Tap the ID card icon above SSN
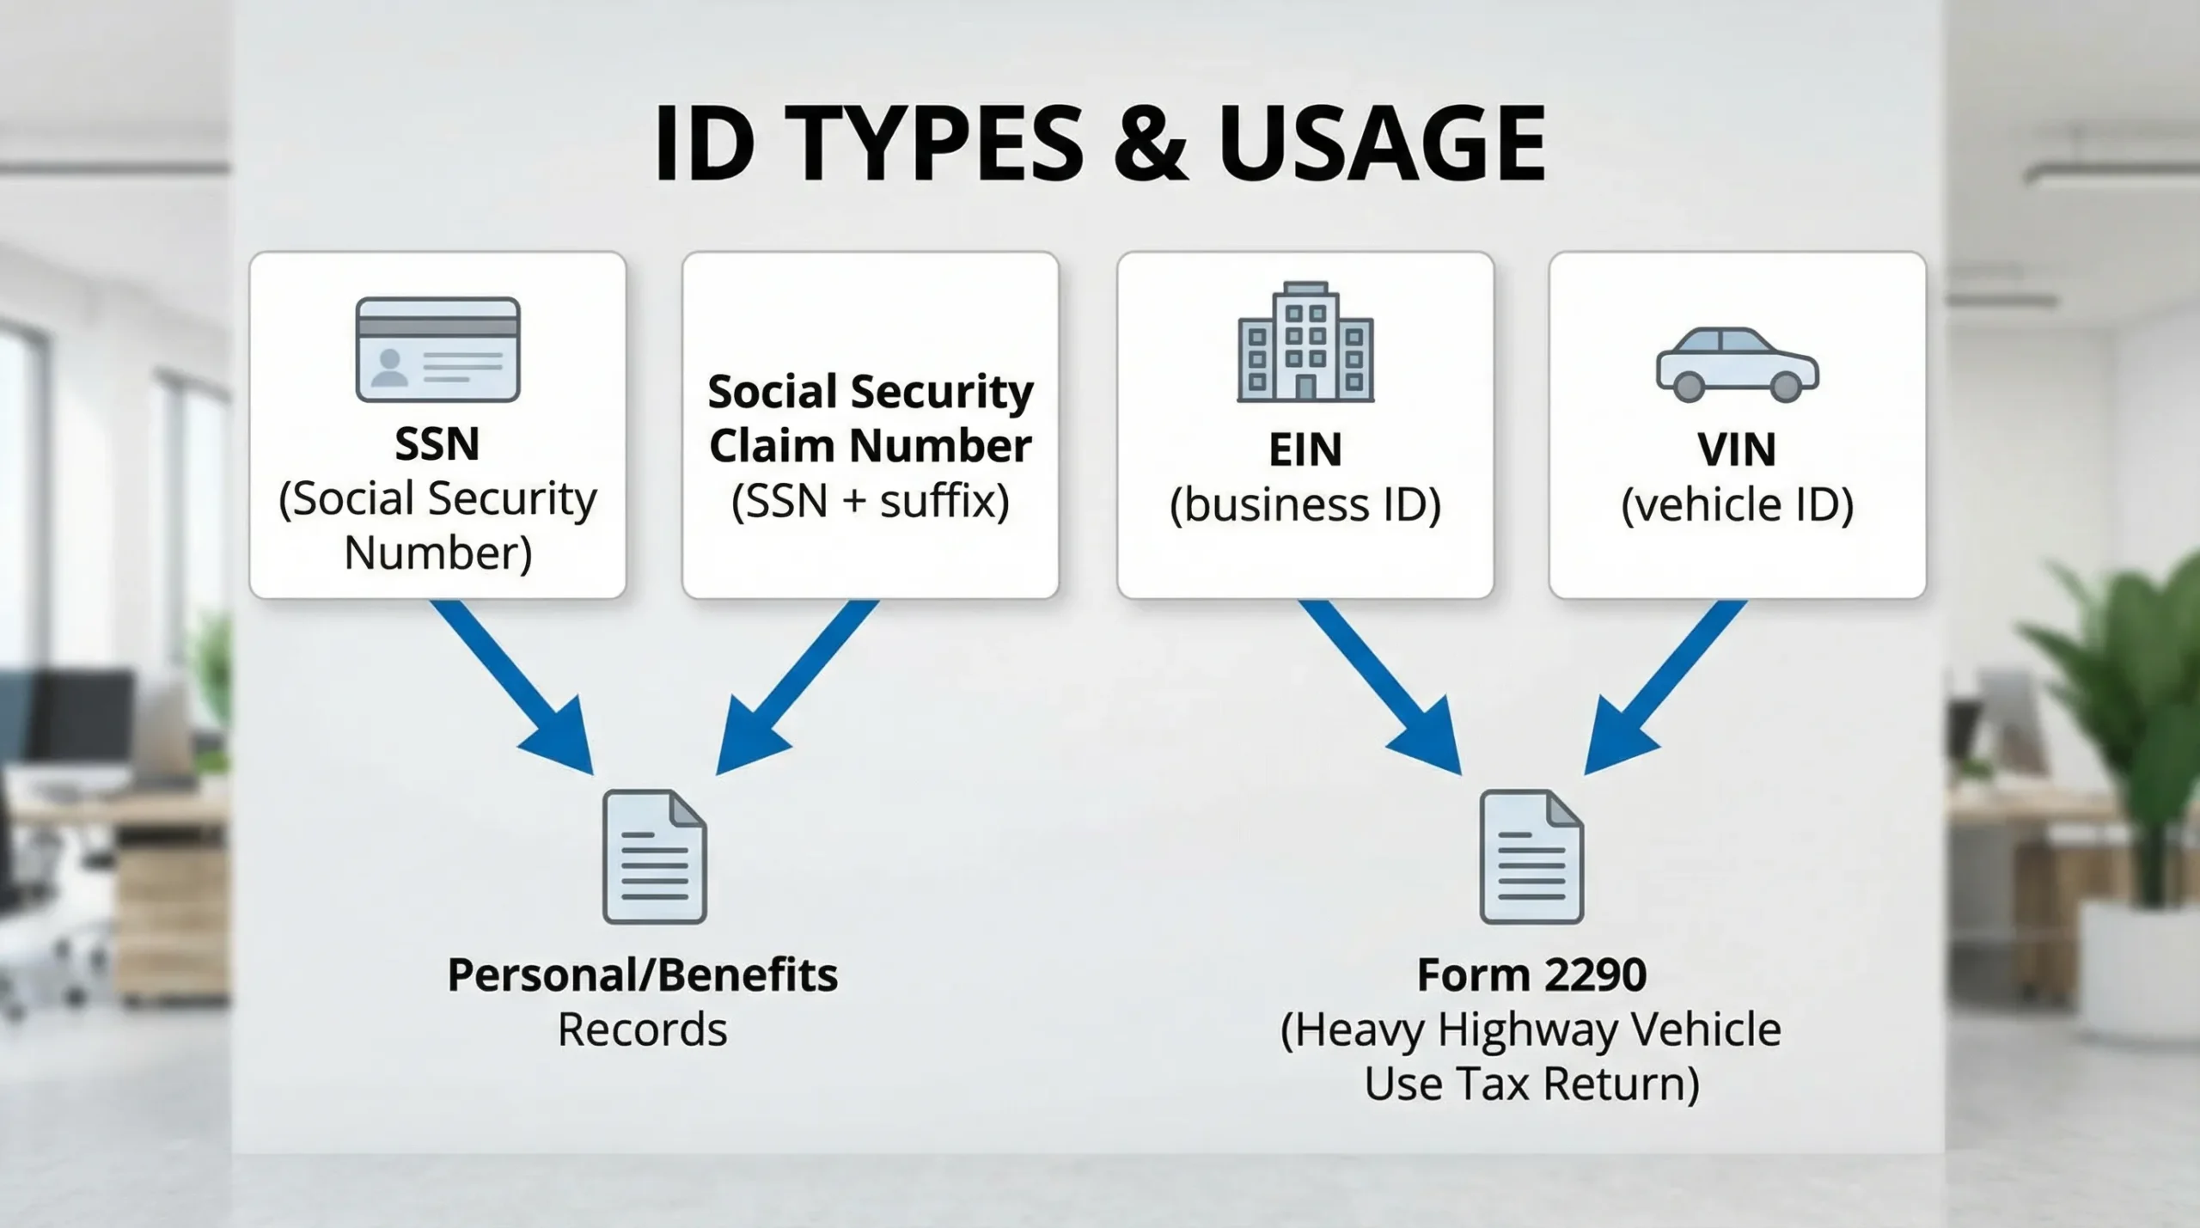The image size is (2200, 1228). [x=437, y=349]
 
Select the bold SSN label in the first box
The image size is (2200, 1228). [x=437, y=443]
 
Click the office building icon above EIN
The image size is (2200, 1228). [x=1305, y=343]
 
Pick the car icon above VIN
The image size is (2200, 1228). [x=1736, y=364]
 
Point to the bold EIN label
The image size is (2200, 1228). [x=1305, y=449]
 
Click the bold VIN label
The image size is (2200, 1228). [x=1736, y=449]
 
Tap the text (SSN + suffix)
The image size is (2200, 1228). [x=870, y=501]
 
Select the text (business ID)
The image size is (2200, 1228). [x=1305, y=504]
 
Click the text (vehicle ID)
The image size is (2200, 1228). [x=1736, y=504]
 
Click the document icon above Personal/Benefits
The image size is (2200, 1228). [x=655, y=857]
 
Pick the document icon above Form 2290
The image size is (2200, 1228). [x=1531, y=857]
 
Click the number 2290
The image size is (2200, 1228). [x=1595, y=974]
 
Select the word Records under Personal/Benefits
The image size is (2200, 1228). [x=642, y=1029]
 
